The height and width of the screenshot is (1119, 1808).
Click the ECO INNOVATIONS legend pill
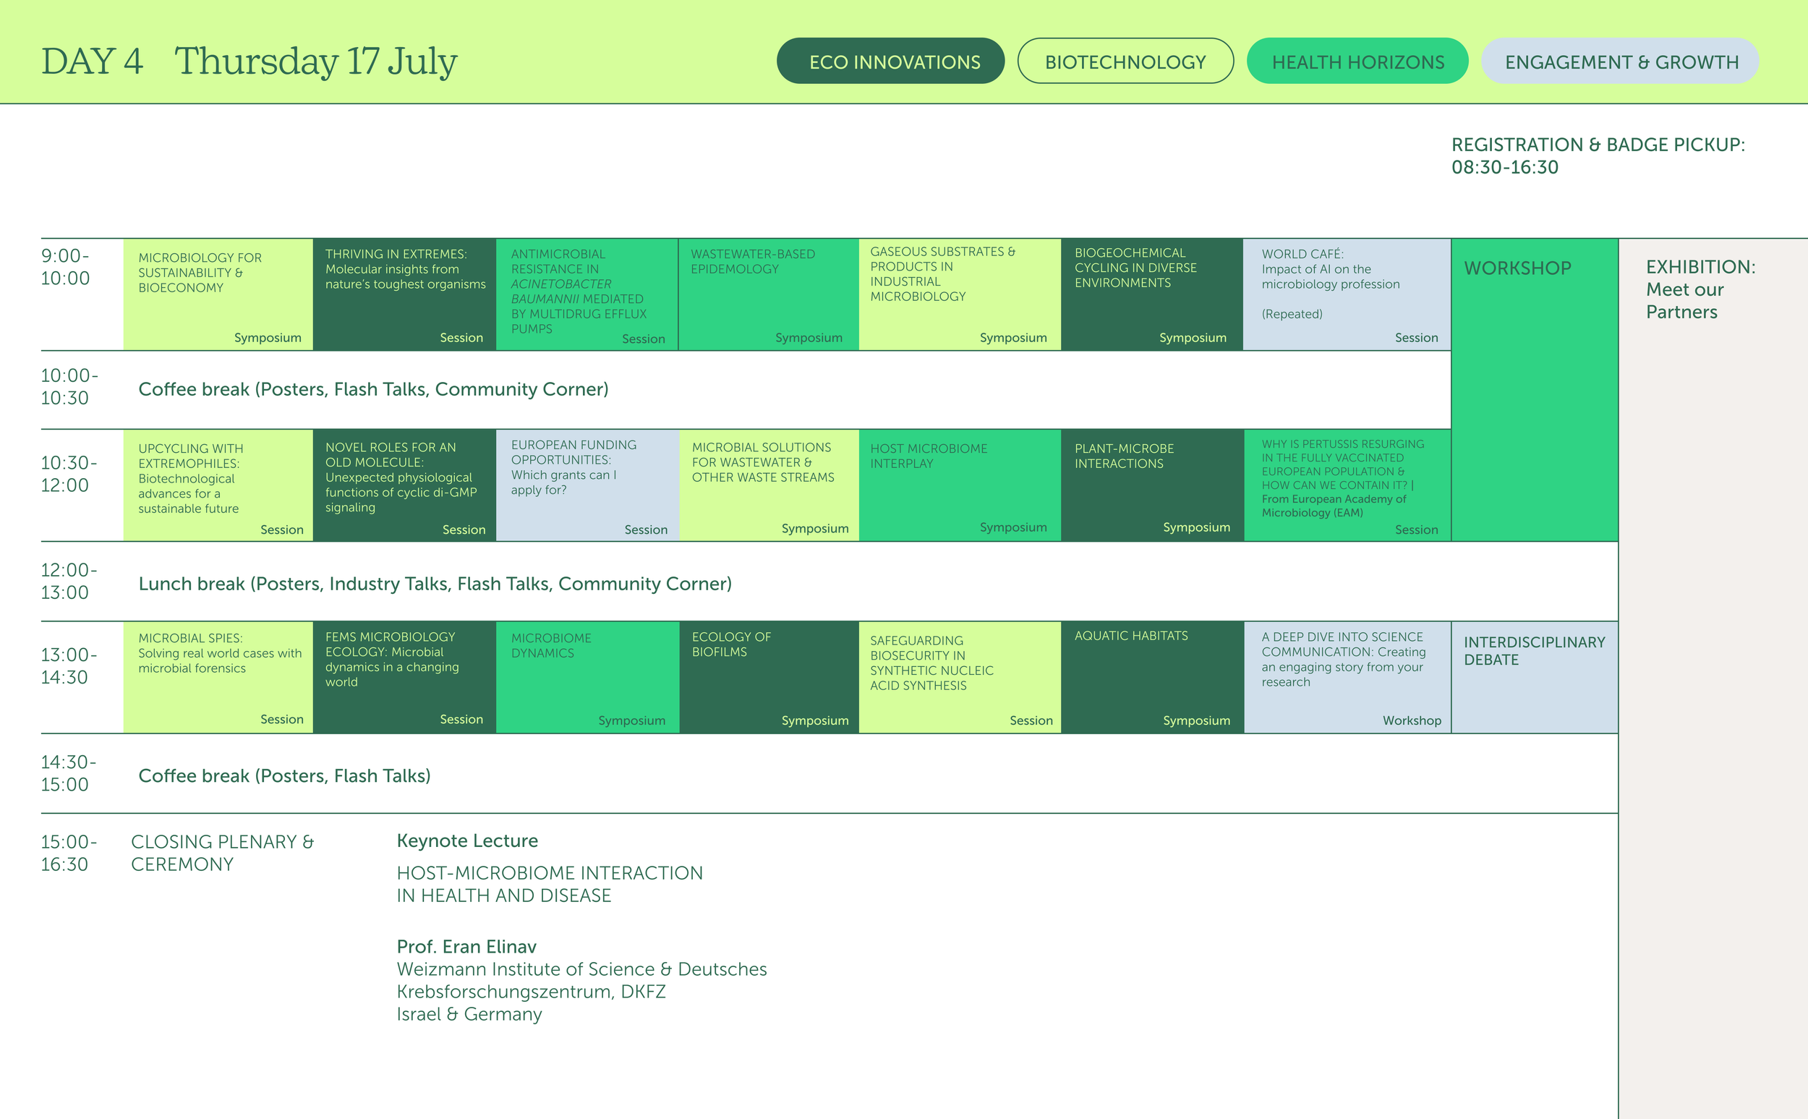[x=890, y=61]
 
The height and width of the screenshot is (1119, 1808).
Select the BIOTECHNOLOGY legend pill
[x=1125, y=61]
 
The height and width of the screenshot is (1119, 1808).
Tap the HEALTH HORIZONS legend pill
[x=1357, y=61]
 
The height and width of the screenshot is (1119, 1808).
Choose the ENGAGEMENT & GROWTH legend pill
[x=1620, y=61]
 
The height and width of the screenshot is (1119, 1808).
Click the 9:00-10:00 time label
[x=65, y=267]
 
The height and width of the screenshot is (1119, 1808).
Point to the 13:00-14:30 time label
[x=68, y=666]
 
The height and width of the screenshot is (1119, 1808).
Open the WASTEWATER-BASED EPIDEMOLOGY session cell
[x=768, y=294]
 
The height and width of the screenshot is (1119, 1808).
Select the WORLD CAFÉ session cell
[x=1347, y=294]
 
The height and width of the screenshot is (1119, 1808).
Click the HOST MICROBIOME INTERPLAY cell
[x=960, y=485]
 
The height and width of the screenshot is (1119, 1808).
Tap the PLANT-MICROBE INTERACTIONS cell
[x=1152, y=485]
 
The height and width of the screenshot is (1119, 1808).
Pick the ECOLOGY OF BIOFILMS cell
[x=768, y=676]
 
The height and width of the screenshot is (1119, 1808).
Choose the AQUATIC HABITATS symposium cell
[x=1152, y=676]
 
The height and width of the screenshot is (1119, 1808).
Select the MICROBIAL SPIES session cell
[x=218, y=676]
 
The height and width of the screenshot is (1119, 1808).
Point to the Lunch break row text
[x=435, y=584]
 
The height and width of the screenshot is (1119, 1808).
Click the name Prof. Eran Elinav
[x=466, y=947]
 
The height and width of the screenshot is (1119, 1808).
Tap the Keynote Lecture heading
[x=466, y=841]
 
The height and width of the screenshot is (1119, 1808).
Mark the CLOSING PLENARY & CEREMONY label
[x=222, y=853]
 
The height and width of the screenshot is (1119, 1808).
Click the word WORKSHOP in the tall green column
[x=1517, y=268]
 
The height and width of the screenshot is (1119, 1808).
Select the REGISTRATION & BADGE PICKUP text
[x=1598, y=156]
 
